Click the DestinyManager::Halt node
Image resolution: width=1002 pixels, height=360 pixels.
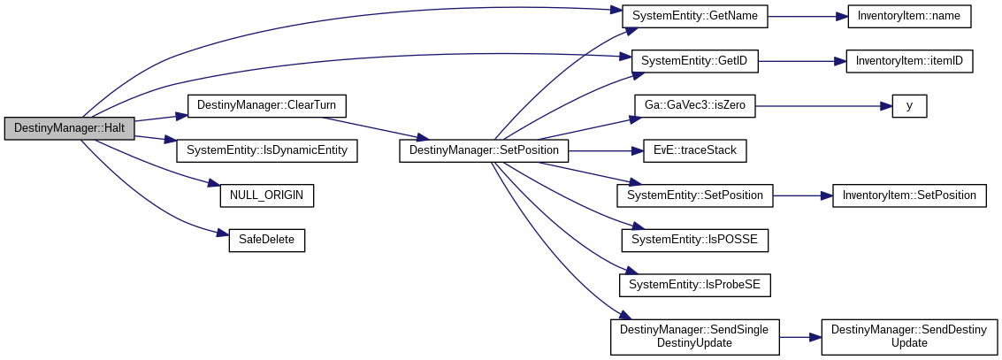(x=69, y=128)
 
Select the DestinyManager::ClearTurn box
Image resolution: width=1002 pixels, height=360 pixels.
(x=266, y=105)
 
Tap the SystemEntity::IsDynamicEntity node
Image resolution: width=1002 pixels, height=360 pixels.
(x=267, y=150)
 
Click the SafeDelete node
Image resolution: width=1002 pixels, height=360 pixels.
(x=266, y=240)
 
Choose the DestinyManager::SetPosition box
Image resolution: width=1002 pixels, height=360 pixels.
(x=484, y=150)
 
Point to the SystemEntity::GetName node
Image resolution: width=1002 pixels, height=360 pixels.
(x=695, y=16)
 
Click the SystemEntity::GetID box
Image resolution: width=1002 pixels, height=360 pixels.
(x=695, y=61)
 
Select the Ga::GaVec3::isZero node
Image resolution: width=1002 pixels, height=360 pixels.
(x=695, y=105)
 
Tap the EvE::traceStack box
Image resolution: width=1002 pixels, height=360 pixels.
(x=695, y=150)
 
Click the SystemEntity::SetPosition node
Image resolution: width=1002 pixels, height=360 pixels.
(x=695, y=195)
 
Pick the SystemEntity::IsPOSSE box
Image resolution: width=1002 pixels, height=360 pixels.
(x=695, y=240)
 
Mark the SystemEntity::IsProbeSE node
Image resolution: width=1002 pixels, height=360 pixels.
(x=695, y=285)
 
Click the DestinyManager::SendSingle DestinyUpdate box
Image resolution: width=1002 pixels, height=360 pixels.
(x=695, y=336)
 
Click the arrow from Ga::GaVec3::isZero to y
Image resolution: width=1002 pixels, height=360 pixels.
(x=822, y=105)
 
